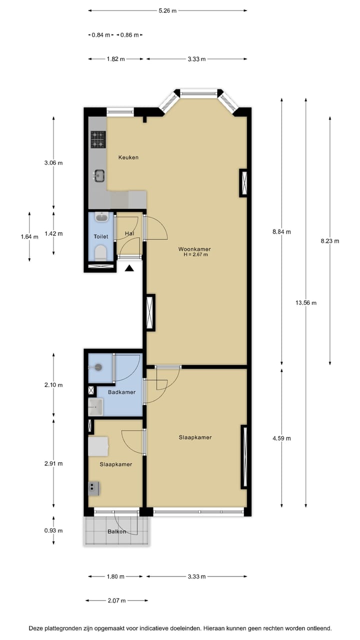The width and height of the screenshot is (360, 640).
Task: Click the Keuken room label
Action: [128, 157]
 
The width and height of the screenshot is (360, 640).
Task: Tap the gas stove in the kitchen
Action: [98, 139]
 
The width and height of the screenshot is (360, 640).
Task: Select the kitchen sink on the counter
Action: [99, 175]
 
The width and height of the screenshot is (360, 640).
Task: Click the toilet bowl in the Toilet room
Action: [100, 251]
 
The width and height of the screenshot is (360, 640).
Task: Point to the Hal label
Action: [129, 233]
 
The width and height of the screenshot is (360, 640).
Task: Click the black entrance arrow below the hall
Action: [129, 268]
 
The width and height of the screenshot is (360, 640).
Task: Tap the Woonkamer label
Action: [194, 249]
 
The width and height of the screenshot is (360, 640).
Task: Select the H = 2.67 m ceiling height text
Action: [195, 255]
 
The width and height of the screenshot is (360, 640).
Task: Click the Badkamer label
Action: [122, 392]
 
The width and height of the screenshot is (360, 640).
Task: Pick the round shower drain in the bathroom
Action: [98, 367]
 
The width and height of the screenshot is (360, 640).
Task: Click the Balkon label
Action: [116, 531]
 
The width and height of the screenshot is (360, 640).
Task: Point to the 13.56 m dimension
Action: [306, 302]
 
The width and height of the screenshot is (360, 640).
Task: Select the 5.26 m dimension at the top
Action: [167, 10]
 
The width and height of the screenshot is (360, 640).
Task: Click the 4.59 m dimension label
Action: [281, 438]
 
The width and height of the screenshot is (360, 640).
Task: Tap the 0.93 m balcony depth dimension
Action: [53, 530]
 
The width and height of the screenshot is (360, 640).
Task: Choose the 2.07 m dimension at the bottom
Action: [116, 600]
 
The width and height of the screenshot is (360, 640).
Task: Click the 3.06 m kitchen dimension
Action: [53, 163]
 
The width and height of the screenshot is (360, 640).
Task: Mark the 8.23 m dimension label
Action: [330, 241]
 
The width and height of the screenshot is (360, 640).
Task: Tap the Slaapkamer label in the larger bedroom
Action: [195, 437]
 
